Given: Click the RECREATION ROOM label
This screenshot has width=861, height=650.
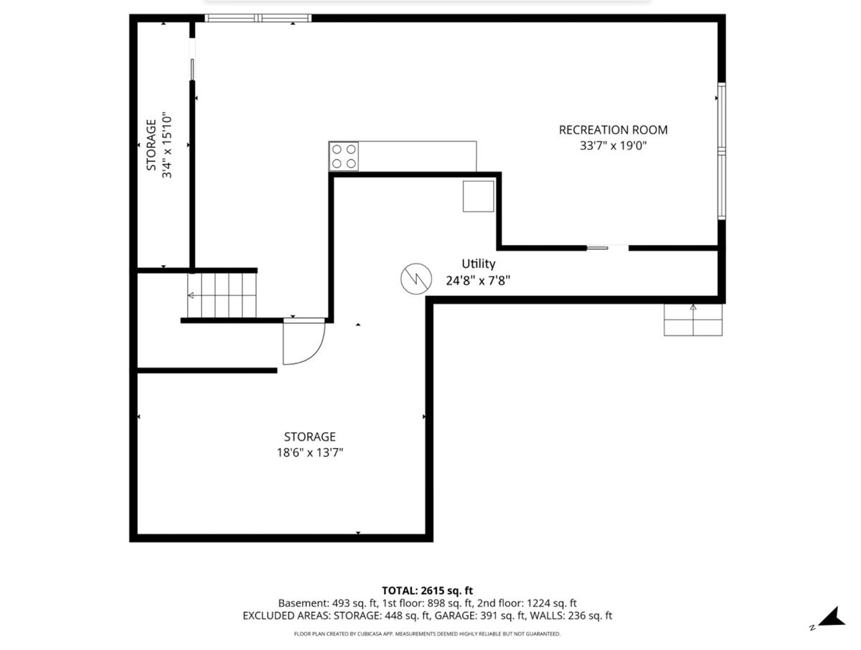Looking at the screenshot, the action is point(613,129).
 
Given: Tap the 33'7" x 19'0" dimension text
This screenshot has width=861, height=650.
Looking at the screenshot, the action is point(613,146).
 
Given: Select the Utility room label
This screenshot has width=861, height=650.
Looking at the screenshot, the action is point(478,264).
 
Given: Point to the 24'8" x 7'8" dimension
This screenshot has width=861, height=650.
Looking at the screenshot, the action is point(478,281).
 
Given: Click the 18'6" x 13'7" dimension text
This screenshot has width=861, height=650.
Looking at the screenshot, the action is point(310,452).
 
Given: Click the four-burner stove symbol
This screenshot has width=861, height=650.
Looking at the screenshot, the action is point(344,157).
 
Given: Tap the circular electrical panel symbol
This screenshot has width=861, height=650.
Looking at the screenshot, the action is point(416,279).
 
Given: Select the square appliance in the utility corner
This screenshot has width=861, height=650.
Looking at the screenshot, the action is point(478,196).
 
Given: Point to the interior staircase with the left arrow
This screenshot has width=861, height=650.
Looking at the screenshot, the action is point(222,295).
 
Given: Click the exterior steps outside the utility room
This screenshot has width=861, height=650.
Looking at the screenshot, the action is point(692,320).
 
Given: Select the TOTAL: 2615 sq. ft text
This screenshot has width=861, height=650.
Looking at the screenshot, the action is point(427,590).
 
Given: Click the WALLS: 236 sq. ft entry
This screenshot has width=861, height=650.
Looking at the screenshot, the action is point(570,616).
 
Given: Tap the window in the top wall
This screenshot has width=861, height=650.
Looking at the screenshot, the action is point(258,18).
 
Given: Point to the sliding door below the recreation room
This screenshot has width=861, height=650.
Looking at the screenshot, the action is point(608,248).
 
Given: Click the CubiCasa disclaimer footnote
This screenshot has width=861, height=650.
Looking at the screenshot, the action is point(427,634).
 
